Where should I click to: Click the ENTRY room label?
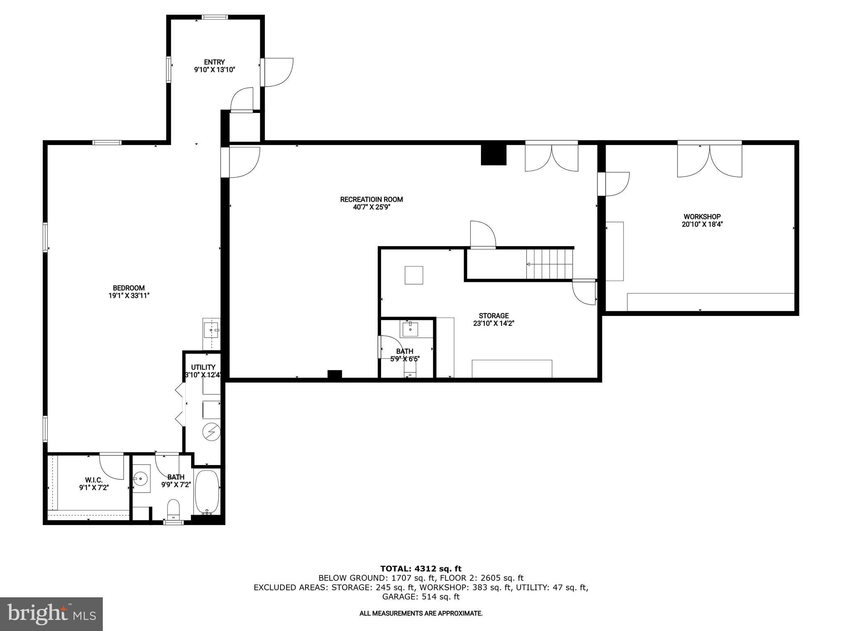[x=214, y=62]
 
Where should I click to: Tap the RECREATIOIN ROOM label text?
[x=371, y=200]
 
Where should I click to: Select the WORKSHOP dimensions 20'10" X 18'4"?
[x=702, y=224]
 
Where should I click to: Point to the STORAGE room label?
[x=493, y=316]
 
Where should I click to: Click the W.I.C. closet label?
[x=94, y=480]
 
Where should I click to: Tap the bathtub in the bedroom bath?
[x=207, y=492]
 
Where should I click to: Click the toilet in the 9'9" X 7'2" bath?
[x=174, y=509]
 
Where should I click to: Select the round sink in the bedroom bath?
[x=141, y=478]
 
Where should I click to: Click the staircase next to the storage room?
[x=550, y=265]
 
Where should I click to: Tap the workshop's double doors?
[x=710, y=160]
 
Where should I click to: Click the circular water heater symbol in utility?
[x=211, y=431]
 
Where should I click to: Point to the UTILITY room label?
[x=203, y=367]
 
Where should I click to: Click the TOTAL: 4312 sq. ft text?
[x=421, y=569]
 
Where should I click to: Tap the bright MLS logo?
[x=51, y=614]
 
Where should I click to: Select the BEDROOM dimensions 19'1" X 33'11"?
[x=129, y=295]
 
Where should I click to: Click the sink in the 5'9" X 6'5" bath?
[x=410, y=329]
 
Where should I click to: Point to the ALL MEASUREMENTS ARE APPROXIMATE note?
[x=421, y=613]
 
